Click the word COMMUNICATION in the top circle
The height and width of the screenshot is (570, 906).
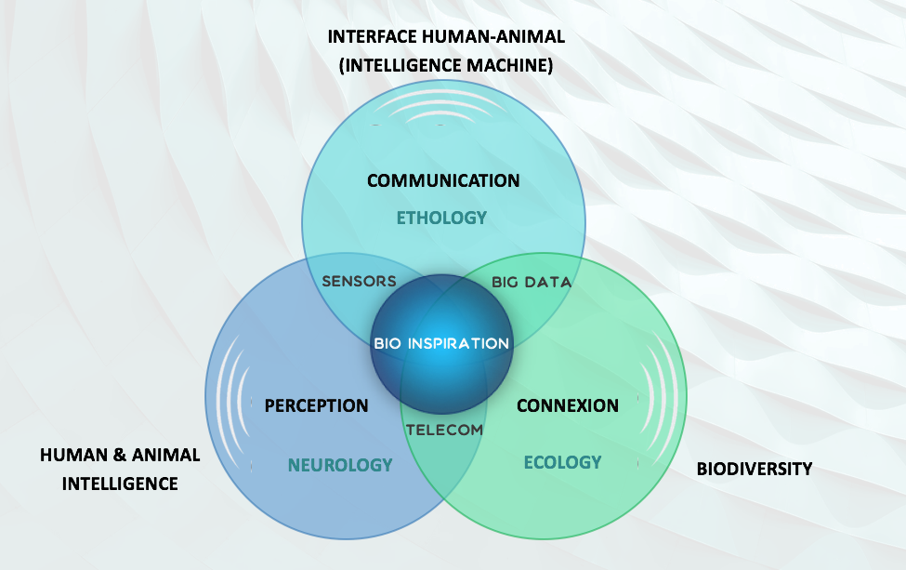click(443, 180)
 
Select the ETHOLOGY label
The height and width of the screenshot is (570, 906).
click(441, 218)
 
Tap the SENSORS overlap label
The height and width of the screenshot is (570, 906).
click(359, 281)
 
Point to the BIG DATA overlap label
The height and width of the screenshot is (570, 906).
click(532, 282)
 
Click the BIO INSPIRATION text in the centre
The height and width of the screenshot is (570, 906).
click(441, 343)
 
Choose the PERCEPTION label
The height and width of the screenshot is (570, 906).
click(316, 405)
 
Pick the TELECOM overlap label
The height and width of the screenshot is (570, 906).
click(444, 431)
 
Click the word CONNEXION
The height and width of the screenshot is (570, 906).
click(568, 405)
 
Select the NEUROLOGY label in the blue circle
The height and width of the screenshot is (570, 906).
click(340, 465)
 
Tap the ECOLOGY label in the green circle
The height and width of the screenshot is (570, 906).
click(563, 462)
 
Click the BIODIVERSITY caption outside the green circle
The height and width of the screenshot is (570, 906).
click(754, 469)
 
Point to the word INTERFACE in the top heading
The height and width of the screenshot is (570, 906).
click(372, 36)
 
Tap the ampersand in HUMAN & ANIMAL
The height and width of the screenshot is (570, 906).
click(120, 455)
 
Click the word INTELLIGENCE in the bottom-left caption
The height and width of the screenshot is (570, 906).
click(120, 484)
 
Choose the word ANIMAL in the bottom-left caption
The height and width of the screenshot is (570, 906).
click(165, 455)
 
